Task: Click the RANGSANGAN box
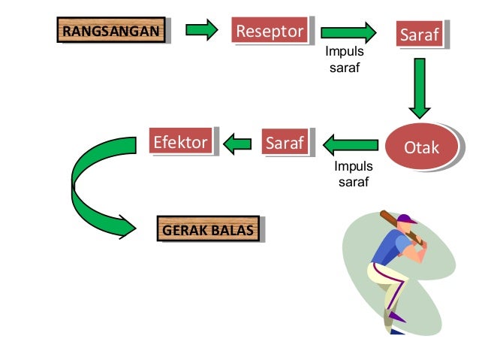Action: pyautogui.click(x=110, y=31)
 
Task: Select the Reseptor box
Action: pyautogui.click(x=270, y=31)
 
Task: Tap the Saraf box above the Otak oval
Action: pyautogui.click(x=419, y=35)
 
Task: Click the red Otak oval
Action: pyautogui.click(x=421, y=147)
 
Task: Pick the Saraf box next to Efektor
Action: pyautogui.click(x=284, y=141)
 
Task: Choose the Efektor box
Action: pyautogui.click(x=180, y=141)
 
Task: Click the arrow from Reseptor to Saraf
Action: pyautogui.click(x=348, y=33)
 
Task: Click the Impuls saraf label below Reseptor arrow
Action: pyautogui.click(x=345, y=60)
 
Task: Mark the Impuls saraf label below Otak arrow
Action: pyautogui.click(x=353, y=174)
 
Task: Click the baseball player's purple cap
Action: pyautogui.click(x=406, y=219)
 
